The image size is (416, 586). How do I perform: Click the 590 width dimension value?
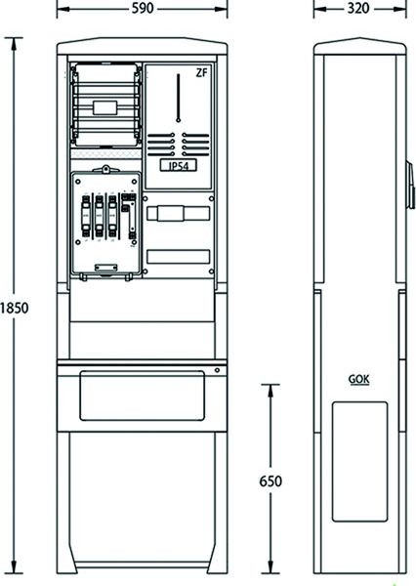(143, 8)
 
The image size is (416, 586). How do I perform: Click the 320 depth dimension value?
(358, 8)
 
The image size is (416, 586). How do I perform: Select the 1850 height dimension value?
(14, 308)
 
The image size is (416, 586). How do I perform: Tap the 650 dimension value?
(270, 481)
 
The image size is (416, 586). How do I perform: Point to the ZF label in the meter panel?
(201, 73)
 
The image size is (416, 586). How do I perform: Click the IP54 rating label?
(179, 166)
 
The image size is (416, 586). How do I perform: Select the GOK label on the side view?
(358, 379)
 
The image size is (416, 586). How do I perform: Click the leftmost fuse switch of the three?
(86, 217)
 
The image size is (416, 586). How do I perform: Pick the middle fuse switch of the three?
(99, 217)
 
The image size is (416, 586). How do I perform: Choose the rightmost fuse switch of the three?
(112, 217)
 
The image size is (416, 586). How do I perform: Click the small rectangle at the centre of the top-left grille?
(105, 107)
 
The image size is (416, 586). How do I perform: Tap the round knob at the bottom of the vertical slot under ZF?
(179, 120)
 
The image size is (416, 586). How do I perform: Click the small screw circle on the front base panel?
(217, 370)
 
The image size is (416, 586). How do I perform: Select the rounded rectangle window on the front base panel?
(142, 396)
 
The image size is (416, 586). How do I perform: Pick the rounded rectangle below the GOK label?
(359, 462)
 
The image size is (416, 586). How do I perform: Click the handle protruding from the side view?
(411, 185)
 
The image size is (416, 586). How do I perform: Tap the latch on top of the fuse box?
(106, 169)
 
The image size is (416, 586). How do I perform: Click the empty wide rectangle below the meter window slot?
(178, 257)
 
